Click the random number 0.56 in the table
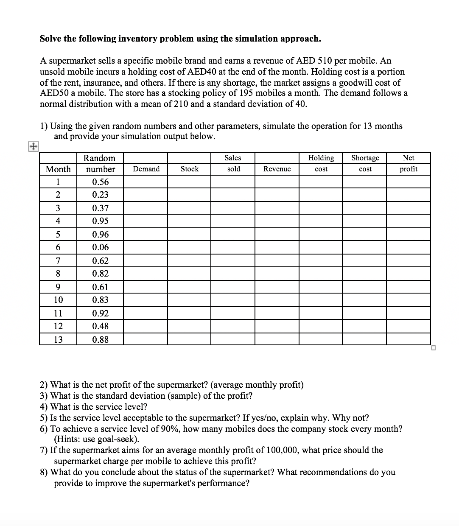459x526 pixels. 100,182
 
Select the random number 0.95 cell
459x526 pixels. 100,221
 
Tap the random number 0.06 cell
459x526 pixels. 100,247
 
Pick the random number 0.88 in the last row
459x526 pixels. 100,339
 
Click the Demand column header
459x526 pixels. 146,169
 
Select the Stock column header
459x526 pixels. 189,169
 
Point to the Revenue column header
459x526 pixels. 277,169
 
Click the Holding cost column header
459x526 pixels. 321,163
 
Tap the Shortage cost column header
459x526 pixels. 365,163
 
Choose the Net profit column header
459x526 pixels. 408,163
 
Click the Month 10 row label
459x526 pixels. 58,300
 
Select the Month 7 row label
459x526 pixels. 58,260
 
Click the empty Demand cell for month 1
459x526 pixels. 145,182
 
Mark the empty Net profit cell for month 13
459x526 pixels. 408,339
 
